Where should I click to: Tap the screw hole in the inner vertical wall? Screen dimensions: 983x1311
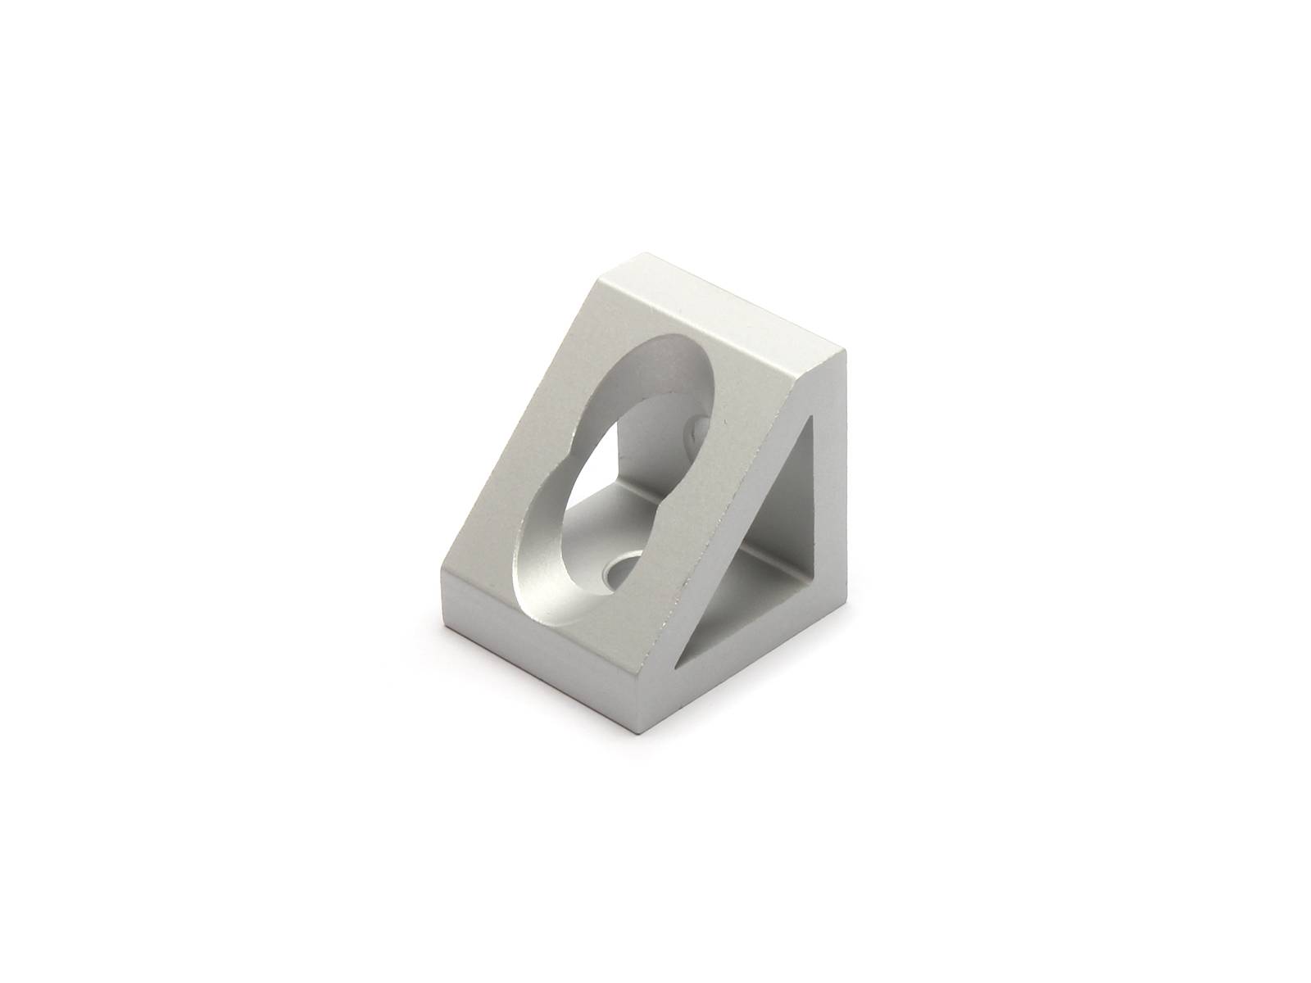[699, 427]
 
